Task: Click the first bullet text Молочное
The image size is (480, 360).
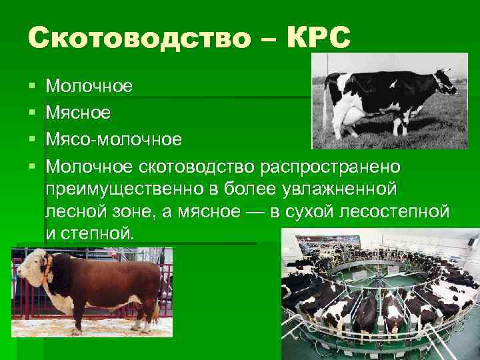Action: point(89,86)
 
